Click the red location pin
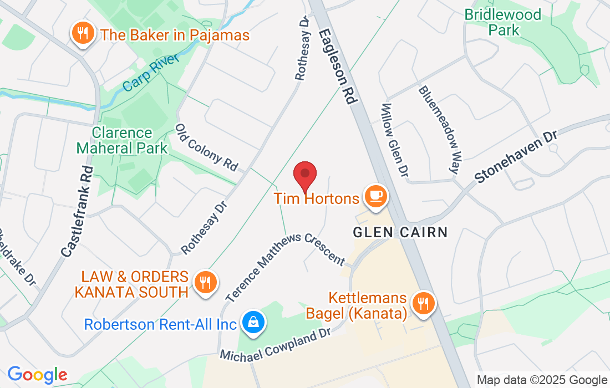(x=304, y=174)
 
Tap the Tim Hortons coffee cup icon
(x=375, y=196)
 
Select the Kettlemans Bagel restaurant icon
(x=423, y=303)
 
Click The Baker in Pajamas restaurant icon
(x=82, y=34)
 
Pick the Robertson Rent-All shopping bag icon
(x=253, y=322)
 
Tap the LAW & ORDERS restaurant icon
(x=205, y=282)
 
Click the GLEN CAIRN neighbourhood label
(x=400, y=232)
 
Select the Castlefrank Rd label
(x=77, y=212)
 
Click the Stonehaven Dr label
(x=516, y=154)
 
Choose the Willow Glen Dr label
(x=395, y=141)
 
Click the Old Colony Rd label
(x=206, y=147)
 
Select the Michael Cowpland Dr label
(x=276, y=345)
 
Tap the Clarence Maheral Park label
(x=122, y=141)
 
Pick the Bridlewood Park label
(x=503, y=22)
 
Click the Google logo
(x=37, y=375)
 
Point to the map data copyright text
(x=542, y=380)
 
